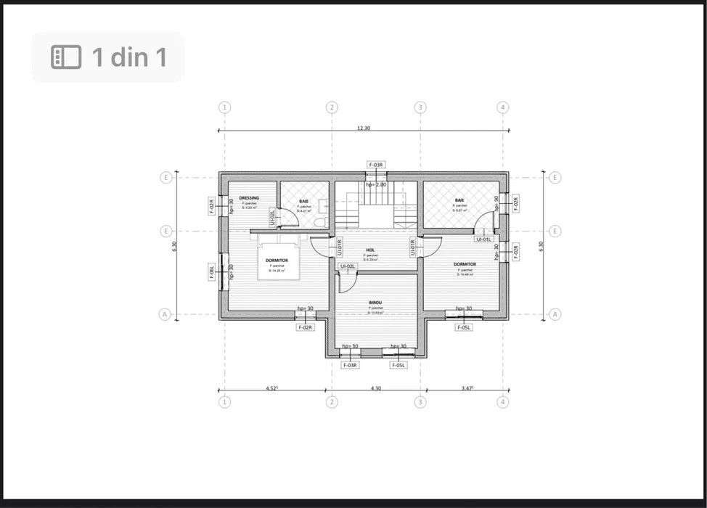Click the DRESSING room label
click(249, 197)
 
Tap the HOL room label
click(370, 250)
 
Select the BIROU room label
click(375, 302)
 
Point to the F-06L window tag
click(212, 272)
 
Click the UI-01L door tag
click(484, 239)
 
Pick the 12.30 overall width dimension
click(363, 128)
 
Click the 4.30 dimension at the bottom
click(375, 388)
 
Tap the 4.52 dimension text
click(272, 388)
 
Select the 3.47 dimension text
click(467, 388)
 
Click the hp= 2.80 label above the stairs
click(376, 184)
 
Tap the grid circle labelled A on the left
click(165, 314)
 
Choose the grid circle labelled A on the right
click(555, 314)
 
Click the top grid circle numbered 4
click(503, 107)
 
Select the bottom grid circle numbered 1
click(225, 401)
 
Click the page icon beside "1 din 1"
click(66, 57)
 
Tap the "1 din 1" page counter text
click(128, 57)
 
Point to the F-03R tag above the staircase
click(375, 165)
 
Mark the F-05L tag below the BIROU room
click(399, 365)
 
